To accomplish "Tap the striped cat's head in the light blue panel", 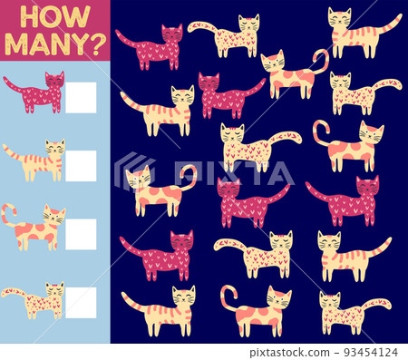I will point(55,148).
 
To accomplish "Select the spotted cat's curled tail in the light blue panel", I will point(7,214).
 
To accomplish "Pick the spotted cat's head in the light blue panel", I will point(55,217).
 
